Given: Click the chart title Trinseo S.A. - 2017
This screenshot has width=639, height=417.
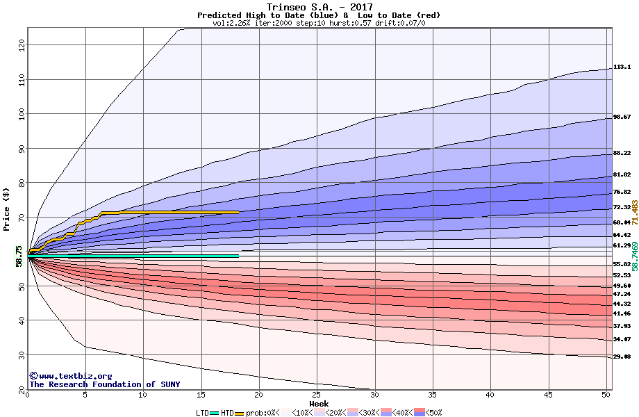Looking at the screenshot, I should pyautogui.click(x=319, y=7).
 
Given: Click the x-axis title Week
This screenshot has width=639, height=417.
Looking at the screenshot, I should pyautogui.click(x=319, y=404).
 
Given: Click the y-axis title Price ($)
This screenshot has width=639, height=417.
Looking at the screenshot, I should pyautogui.click(x=7, y=209).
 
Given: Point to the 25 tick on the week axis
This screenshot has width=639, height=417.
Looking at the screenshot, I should pyautogui.click(x=317, y=395).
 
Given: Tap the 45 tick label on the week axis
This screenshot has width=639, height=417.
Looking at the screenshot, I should pyautogui.click(x=548, y=395).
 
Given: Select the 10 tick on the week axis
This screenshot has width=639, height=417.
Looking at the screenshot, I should pyautogui.click(x=143, y=395).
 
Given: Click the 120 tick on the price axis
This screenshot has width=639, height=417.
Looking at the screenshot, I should pyautogui.click(x=21, y=45).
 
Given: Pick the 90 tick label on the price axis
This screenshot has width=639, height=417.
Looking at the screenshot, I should pyautogui.click(x=21, y=148).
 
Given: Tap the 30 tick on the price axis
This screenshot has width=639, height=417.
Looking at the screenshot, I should pyautogui.click(x=21, y=354).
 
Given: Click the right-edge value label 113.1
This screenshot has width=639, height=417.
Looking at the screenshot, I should pyautogui.click(x=622, y=67).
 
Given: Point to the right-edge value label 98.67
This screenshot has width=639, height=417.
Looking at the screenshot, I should pyautogui.click(x=622, y=117).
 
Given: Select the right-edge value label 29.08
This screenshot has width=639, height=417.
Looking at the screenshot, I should pyautogui.click(x=622, y=357).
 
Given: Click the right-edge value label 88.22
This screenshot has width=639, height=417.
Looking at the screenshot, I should pyautogui.click(x=622, y=154).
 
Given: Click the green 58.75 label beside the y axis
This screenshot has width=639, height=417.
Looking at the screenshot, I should pyautogui.click(x=19, y=256).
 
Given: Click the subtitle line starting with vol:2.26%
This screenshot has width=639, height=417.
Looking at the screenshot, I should pyautogui.click(x=319, y=23).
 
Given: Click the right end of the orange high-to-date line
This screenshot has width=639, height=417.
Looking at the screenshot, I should pyautogui.click(x=238, y=212).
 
